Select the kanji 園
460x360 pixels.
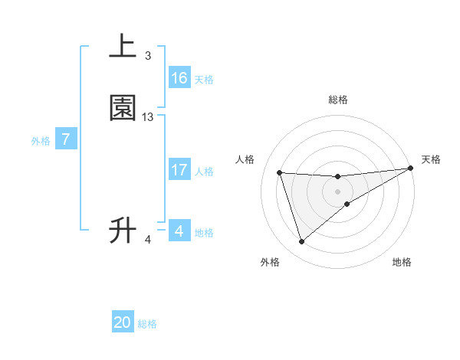point(123,109)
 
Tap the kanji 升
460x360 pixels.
point(123,230)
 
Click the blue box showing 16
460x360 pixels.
point(179,78)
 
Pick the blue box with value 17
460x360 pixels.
point(179,170)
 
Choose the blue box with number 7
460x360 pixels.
point(66,140)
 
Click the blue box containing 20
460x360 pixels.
point(123,323)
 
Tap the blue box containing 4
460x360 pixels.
point(179,231)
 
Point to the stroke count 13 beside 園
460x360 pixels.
point(148,116)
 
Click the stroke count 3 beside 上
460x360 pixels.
point(148,55)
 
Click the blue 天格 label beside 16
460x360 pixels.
point(203,80)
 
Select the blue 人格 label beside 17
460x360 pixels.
point(203,172)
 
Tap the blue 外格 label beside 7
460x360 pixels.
point(40,141)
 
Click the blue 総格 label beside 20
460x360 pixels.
point(147,325)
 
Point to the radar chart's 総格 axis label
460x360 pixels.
point(337,100)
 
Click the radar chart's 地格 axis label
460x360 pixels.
point(402,263)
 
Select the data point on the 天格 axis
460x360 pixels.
point(411,169)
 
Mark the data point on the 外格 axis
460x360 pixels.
point(301,242)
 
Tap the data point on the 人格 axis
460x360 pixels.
point(280,172)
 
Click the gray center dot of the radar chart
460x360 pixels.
point(337,191)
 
